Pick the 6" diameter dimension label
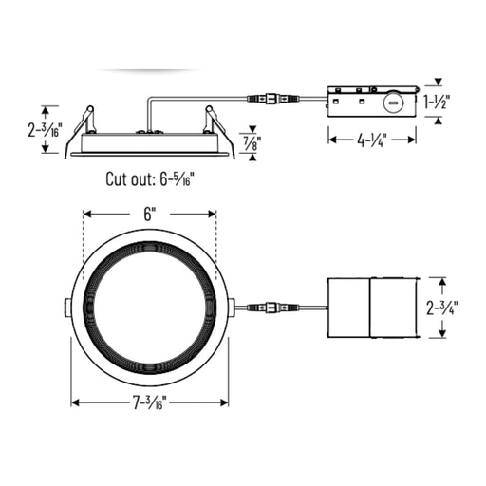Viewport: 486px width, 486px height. (150, 215)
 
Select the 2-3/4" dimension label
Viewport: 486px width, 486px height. (442, 308)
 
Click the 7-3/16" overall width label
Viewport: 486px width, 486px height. (149, 402)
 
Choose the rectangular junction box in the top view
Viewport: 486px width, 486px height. (370, 308)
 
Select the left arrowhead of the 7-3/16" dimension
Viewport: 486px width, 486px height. (75, 402)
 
